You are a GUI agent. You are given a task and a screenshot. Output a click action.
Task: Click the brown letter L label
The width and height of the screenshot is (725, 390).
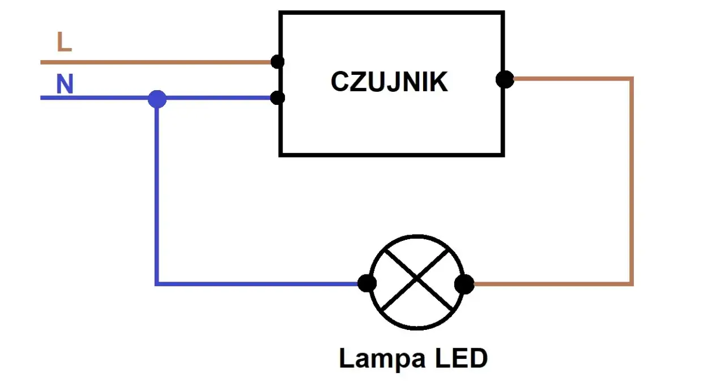point(64,42)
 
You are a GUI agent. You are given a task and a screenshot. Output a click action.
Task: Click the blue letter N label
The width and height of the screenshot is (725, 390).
point(65,84)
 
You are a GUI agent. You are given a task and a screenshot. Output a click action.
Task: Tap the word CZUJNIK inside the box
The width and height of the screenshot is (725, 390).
point(389,82)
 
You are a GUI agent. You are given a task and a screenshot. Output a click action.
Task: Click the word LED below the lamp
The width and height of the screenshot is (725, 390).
point(461,359)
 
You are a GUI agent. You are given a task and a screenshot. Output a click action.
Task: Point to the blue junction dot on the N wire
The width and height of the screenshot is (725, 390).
point(157,99)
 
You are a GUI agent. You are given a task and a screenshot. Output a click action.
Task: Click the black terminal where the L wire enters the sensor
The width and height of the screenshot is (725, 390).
point(278,61)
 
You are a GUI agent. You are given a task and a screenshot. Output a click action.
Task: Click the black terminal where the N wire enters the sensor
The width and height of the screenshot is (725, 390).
point(278,98)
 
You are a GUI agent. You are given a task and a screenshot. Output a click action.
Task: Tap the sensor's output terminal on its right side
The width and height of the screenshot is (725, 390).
point(505,79)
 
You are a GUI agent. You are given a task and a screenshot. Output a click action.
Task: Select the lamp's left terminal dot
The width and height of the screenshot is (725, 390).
point(367,283)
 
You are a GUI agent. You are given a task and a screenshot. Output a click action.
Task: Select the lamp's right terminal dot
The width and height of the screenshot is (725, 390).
point(464,283)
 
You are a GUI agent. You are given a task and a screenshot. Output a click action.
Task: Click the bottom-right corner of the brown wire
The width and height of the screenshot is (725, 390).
point(631,283)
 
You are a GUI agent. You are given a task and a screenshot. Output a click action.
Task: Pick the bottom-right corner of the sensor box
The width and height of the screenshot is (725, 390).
point(502,154)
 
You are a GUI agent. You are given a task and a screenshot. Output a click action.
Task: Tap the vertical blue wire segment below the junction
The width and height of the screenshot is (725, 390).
point(157,193)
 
